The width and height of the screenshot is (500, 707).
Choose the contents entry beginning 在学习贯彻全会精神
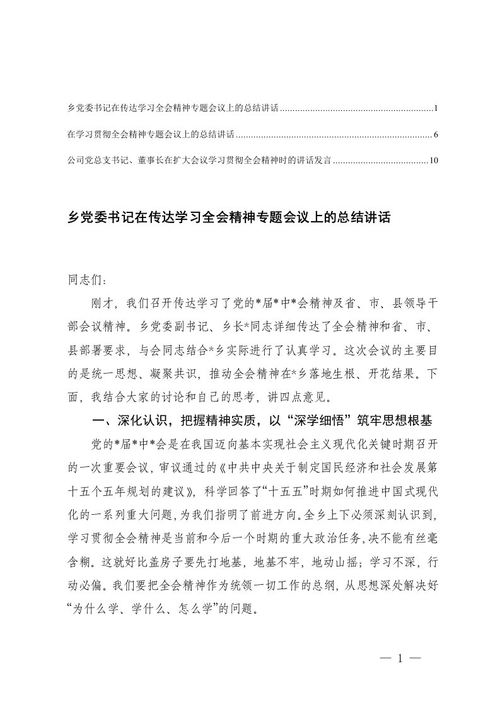(151, 135)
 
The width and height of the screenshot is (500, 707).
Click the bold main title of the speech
(230, 219)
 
